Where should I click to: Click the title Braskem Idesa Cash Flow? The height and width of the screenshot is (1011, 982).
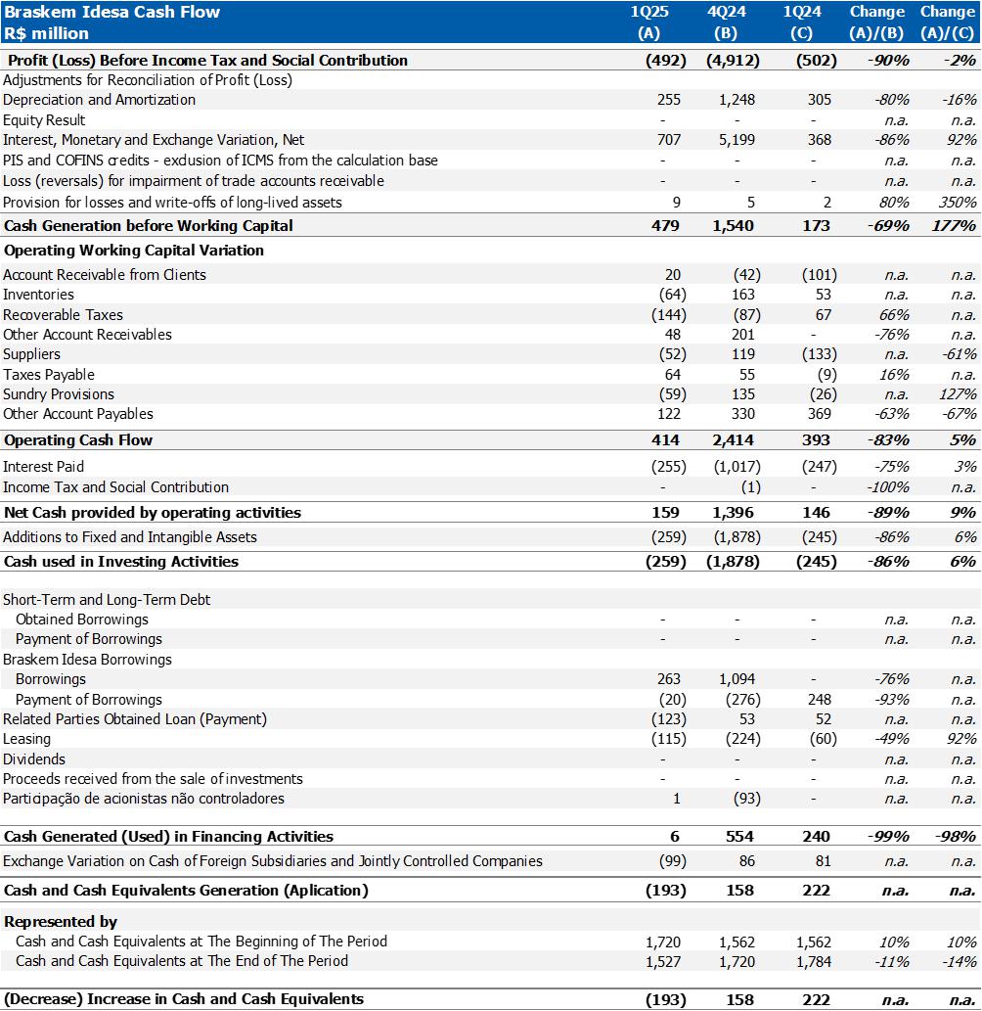(x=112, y=13)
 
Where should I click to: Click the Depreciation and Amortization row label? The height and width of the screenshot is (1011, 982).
(x=99, y=100)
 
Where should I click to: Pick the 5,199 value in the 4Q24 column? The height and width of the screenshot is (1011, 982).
(x=736, y=140)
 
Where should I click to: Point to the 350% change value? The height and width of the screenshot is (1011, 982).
(x=958, y=203)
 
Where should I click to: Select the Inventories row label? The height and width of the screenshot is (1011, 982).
(x=38, y=295)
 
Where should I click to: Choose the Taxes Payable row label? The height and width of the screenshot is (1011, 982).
(x=49, y=375)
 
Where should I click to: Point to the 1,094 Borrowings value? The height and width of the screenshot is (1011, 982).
(x=736, y=679)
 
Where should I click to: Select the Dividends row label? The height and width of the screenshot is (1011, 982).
(x=34, y=759)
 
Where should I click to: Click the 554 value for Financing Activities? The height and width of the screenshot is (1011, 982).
(x=741, y=837)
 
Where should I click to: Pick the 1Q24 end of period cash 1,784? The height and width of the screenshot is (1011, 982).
(x=812, y=961)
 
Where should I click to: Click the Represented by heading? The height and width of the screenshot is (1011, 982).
(x=61, y=922)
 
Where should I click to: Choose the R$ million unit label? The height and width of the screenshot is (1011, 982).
(x=46, y=33)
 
